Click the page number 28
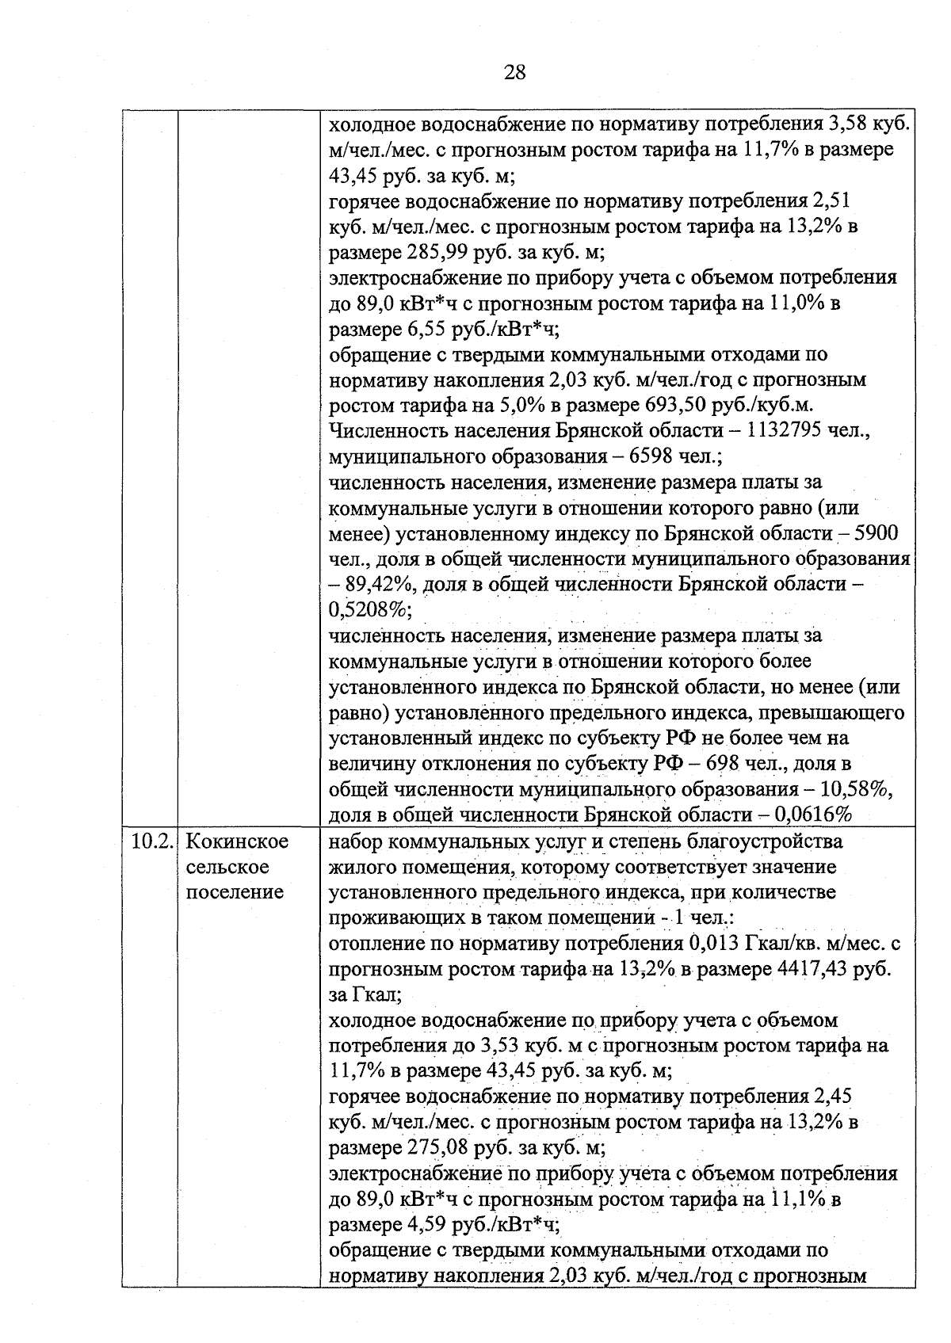point(514,73)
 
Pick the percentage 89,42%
point(377,586)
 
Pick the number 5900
point(876,534)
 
